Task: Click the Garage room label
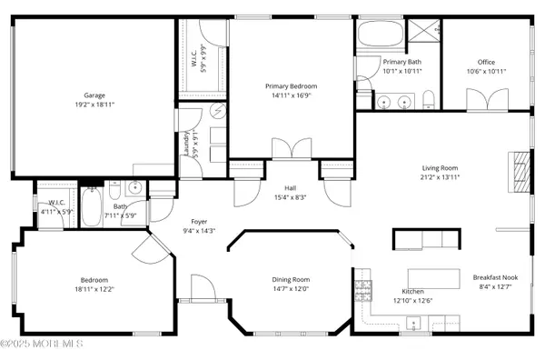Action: point(94,95)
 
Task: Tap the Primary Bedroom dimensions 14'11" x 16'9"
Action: point(292,95)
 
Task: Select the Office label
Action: point(486,62)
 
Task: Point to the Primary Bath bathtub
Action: point(380,34)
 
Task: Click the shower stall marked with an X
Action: point(423,31)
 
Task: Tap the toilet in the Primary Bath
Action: point(429,99)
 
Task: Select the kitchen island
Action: point(434,278)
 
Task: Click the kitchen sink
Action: point(413,324)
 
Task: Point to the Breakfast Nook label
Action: point(495,277)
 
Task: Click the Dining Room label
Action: point(291,280)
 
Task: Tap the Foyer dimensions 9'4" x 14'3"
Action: point(199,231)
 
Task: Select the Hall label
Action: point(291,188)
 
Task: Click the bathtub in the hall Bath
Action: point(92,207)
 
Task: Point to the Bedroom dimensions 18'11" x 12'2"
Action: point(94,289)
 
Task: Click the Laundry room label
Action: point(186,144)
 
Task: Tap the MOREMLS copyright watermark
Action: point(42,344)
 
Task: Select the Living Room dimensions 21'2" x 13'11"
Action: point(440,177)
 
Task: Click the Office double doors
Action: point(487,100)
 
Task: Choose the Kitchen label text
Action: point(413,292)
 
